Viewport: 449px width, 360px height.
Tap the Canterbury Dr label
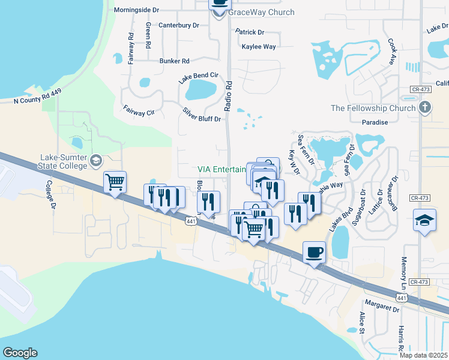[x=178, y=25]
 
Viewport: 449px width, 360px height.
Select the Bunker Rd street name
[x=174, y=61]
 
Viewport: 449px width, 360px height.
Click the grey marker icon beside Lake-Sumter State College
[x=97, y=160]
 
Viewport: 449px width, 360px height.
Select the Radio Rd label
[x=228, y=95]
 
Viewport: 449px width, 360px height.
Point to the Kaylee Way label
[x=258, y=46]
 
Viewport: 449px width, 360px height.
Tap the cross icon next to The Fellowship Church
[x=425, y=108]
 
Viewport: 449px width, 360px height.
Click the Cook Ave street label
[x=391, y=52]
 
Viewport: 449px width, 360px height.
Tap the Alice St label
[x=361, y=322]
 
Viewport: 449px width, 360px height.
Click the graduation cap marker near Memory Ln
[x=424, y=220]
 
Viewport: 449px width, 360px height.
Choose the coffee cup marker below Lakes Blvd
[x=314, y=251]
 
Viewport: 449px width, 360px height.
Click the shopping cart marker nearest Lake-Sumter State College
[x=115, y=181]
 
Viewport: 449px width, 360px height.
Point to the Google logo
[x=20, y=353]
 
